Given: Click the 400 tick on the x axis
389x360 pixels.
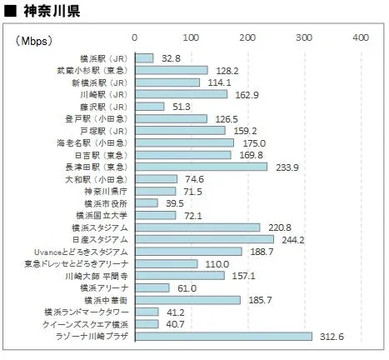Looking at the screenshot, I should click(x=360, y=38).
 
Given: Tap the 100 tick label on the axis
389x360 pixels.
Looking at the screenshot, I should click(x=191, y=38).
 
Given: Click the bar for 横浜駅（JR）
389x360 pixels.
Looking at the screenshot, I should click(x=144, y=58).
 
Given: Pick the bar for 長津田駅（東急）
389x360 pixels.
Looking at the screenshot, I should click(x=201, y=167).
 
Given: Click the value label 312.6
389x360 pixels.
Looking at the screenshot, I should click(x=331, y=337).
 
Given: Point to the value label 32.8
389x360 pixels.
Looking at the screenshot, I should click(x=172, y=58).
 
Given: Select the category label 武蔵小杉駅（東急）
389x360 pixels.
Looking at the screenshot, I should click(x=91, y=71).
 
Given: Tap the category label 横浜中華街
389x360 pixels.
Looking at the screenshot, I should click(x=105, y=299).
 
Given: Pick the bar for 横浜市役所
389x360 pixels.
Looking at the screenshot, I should click(x=146, y=203).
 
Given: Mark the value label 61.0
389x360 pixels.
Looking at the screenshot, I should click(x=187, y=287).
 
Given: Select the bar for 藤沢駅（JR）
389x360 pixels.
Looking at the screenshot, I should click(x=149, y=107).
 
